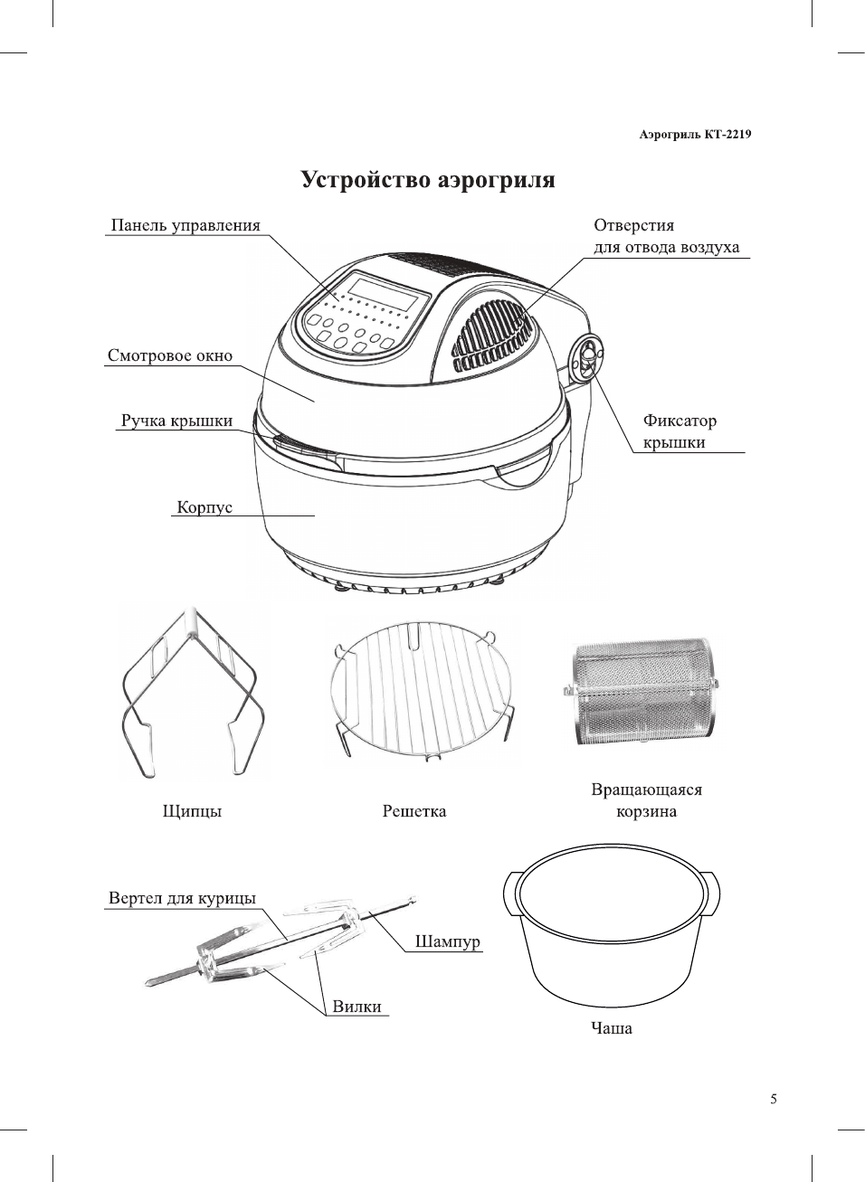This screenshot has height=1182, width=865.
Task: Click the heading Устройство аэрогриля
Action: (x=427, y=180)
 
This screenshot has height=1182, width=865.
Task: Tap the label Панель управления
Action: (x=185, y=225)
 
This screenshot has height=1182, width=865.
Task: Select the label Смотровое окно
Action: (x=170, y=355)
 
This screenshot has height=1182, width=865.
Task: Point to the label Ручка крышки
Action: (x=176, y=421)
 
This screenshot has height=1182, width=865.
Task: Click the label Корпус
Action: (x=204, y=507)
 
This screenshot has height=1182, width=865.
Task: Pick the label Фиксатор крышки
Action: (x=680, y=431)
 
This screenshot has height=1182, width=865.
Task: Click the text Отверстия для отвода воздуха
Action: (x=666, y=236)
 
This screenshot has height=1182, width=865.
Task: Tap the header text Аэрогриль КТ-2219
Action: (x=695, y=135)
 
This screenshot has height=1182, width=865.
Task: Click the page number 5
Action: (x=774, y=1100)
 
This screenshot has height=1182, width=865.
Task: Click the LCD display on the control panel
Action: (x=387, y=292)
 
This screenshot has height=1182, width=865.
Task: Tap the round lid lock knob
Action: (x=587, y=356)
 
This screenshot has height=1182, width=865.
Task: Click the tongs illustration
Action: (x=191, y=692)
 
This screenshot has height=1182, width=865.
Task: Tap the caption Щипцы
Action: (x=192, y=811)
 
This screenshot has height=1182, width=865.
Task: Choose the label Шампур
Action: (x=447, y=941)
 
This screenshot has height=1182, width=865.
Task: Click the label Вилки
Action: (x=356, y=1007)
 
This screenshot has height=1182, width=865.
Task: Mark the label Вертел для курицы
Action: (x=182, y=898)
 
